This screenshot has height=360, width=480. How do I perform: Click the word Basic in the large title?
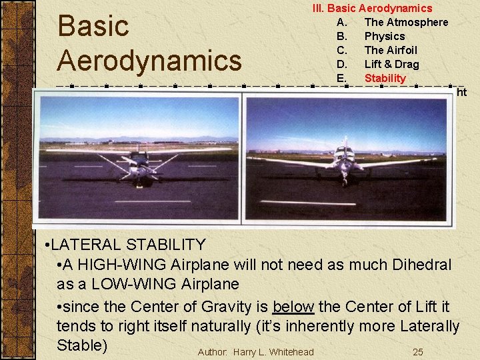point(93,27)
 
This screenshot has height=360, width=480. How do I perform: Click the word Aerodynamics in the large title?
point(149,60)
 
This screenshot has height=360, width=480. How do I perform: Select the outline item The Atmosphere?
point(406,22)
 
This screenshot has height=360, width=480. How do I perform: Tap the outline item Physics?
point(384,36)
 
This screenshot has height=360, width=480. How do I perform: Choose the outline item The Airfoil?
point(390,50)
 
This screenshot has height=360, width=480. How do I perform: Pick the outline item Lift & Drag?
point(391,64)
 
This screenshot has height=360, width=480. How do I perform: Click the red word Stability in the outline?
point(385,78)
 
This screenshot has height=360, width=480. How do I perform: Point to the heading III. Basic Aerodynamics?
point(373,8)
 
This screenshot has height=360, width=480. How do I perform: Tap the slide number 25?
point(417,352)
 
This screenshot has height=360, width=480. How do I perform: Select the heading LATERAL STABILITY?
point(128,245)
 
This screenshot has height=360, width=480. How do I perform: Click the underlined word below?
point(293,307)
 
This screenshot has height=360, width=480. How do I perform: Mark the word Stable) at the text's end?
point(82,345)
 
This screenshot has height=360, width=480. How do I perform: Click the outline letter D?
point(342,64)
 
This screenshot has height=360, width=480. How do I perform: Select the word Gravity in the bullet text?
point(235,307)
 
